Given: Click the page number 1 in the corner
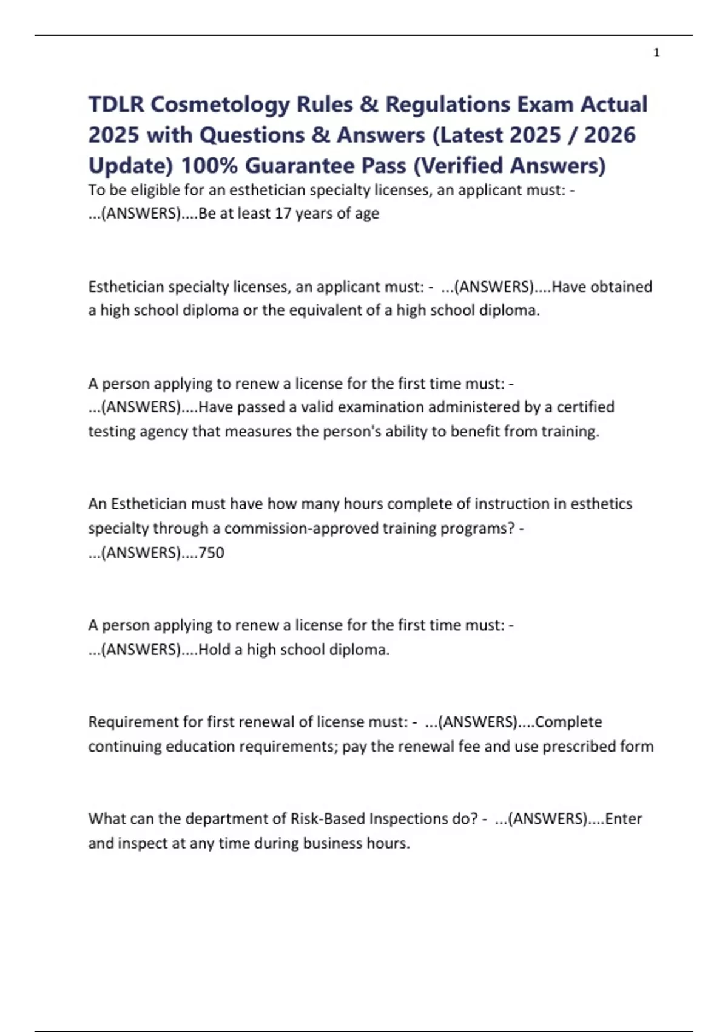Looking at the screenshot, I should pyautogui.click(x=656, y=53).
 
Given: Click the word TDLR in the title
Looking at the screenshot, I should pyautogui.click(x=116, y=104).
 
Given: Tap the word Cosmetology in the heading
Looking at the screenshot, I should pyautogui.click(x=221, y=104).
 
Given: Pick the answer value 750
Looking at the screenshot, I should pyautogui.click(x=211, y=552).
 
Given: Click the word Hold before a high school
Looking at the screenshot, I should pyautogui.click(x=214, y=650).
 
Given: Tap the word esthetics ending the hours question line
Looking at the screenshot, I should pyautogui.click(x=601, y=504).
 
